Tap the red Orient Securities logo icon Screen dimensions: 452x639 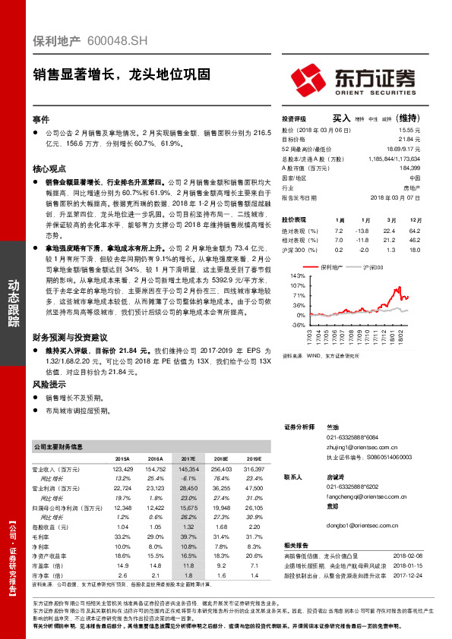[309, 79]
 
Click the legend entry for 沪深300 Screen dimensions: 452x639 [370, 267]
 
